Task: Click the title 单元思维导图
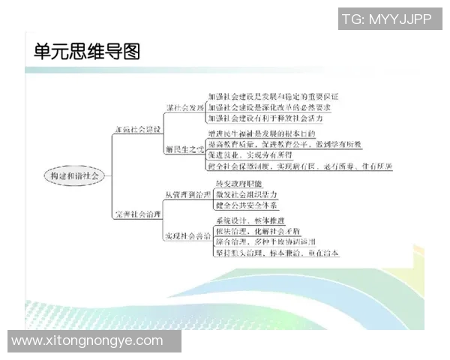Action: pos(87,52)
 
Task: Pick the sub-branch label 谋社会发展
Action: pos(184,107)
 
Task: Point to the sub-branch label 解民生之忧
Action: pos(184,149)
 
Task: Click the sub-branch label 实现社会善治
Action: pos(187,236)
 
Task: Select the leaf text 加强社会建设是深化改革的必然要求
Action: pos(269,107)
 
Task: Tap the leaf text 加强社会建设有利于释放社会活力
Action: pos(269,118)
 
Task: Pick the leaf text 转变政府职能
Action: pos(239,184)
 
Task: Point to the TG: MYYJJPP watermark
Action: pos(385,19)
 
